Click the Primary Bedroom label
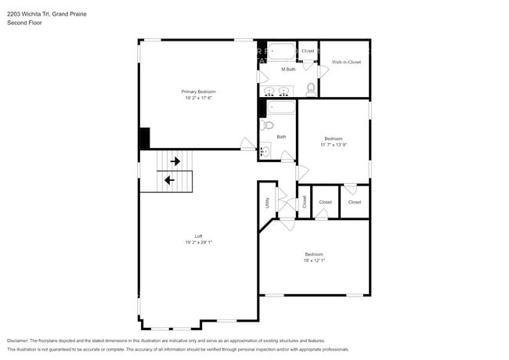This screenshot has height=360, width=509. (200, 92)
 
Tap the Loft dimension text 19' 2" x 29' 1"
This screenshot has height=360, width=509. (198, 243)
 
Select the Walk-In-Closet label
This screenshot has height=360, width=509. (345, 62)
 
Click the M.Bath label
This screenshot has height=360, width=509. (289, 70)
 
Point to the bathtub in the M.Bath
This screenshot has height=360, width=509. (280, 53)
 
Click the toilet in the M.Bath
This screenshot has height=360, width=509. (310, 88)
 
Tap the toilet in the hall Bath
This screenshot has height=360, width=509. (267, 124)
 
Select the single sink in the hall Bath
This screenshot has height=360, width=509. (265, 151)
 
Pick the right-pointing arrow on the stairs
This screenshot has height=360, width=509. (175, 161)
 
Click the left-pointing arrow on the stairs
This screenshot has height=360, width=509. (168, 180)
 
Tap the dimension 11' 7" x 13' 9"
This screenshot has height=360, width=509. (333, 145)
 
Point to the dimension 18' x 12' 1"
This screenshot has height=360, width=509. (313, 261)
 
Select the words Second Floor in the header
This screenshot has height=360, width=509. (24, 23)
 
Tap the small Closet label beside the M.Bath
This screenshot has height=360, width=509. (308, 51)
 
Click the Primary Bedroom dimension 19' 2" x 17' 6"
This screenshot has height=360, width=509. (200, 99)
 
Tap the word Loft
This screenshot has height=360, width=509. (198, 236)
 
